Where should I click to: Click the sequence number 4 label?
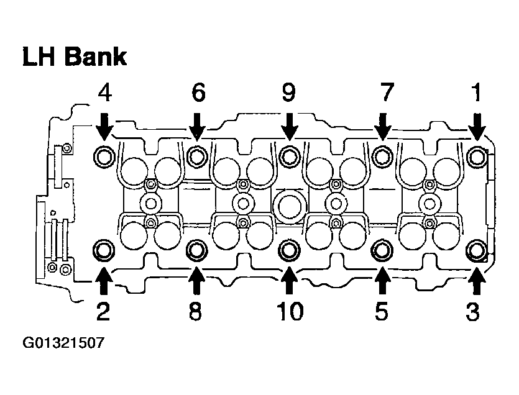tap(104, 93)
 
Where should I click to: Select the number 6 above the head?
tap(198, 93)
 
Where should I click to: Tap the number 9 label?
tap(288, 93)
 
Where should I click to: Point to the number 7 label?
tap(385, 93)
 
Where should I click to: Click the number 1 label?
tap(476, 93)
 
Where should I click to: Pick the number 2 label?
tap(103, 311)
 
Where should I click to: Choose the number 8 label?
tap(196, 311)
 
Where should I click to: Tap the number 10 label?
tap(289, 311)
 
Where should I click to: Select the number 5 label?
tap(381, 311)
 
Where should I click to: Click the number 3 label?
tap(474, 311)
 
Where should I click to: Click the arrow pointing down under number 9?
tap(288, 126)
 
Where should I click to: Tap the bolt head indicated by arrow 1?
tap(477, 155)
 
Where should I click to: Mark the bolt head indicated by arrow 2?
tap(103, 250)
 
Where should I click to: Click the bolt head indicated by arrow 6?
tap(197, 155)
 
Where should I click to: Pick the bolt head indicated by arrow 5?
tap(381, 250)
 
